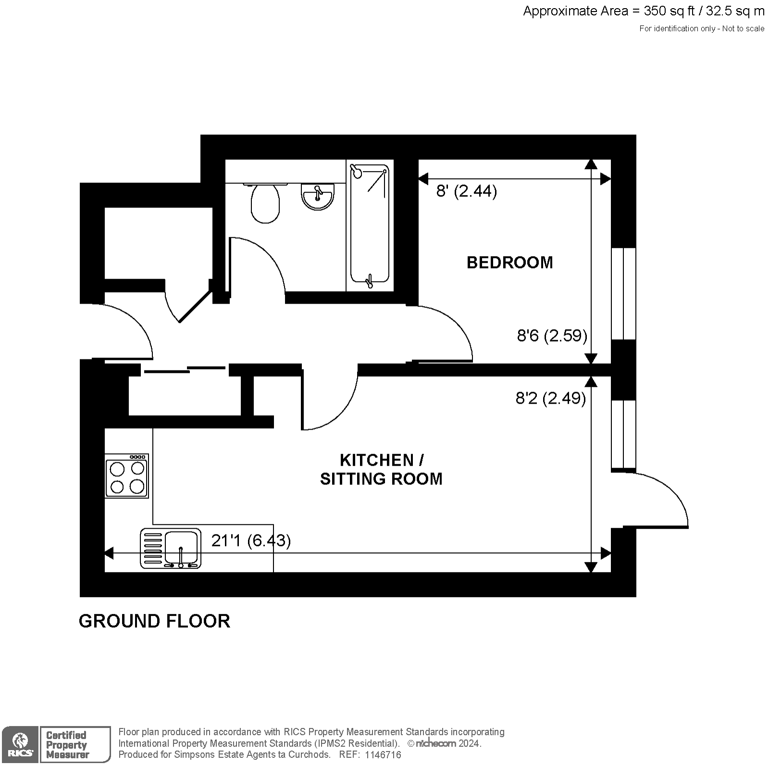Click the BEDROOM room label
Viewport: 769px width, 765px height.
click(x=510, y=262)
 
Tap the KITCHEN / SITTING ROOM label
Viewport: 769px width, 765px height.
click(x=381, y=469)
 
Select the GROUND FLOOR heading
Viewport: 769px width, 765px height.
click(x=154, y=621)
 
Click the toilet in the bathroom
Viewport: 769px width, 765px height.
click(x=265, y=203)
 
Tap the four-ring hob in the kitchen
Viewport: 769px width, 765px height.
click(x=127, y=476)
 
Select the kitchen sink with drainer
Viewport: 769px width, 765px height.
click(x=171, y=549)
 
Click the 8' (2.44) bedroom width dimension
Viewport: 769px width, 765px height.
click(x=466, y=191)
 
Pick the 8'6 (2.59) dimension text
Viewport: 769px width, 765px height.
click(x=552, y=335)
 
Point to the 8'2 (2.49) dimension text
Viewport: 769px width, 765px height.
click(x=551, y=398)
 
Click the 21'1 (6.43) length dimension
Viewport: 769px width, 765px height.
click(x=251, y=541)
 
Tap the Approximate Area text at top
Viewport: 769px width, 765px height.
click(x=644, y=11)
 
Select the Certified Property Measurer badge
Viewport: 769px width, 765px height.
click(x=74, y=744)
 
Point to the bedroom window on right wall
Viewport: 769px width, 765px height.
click(x=623, y=294)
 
